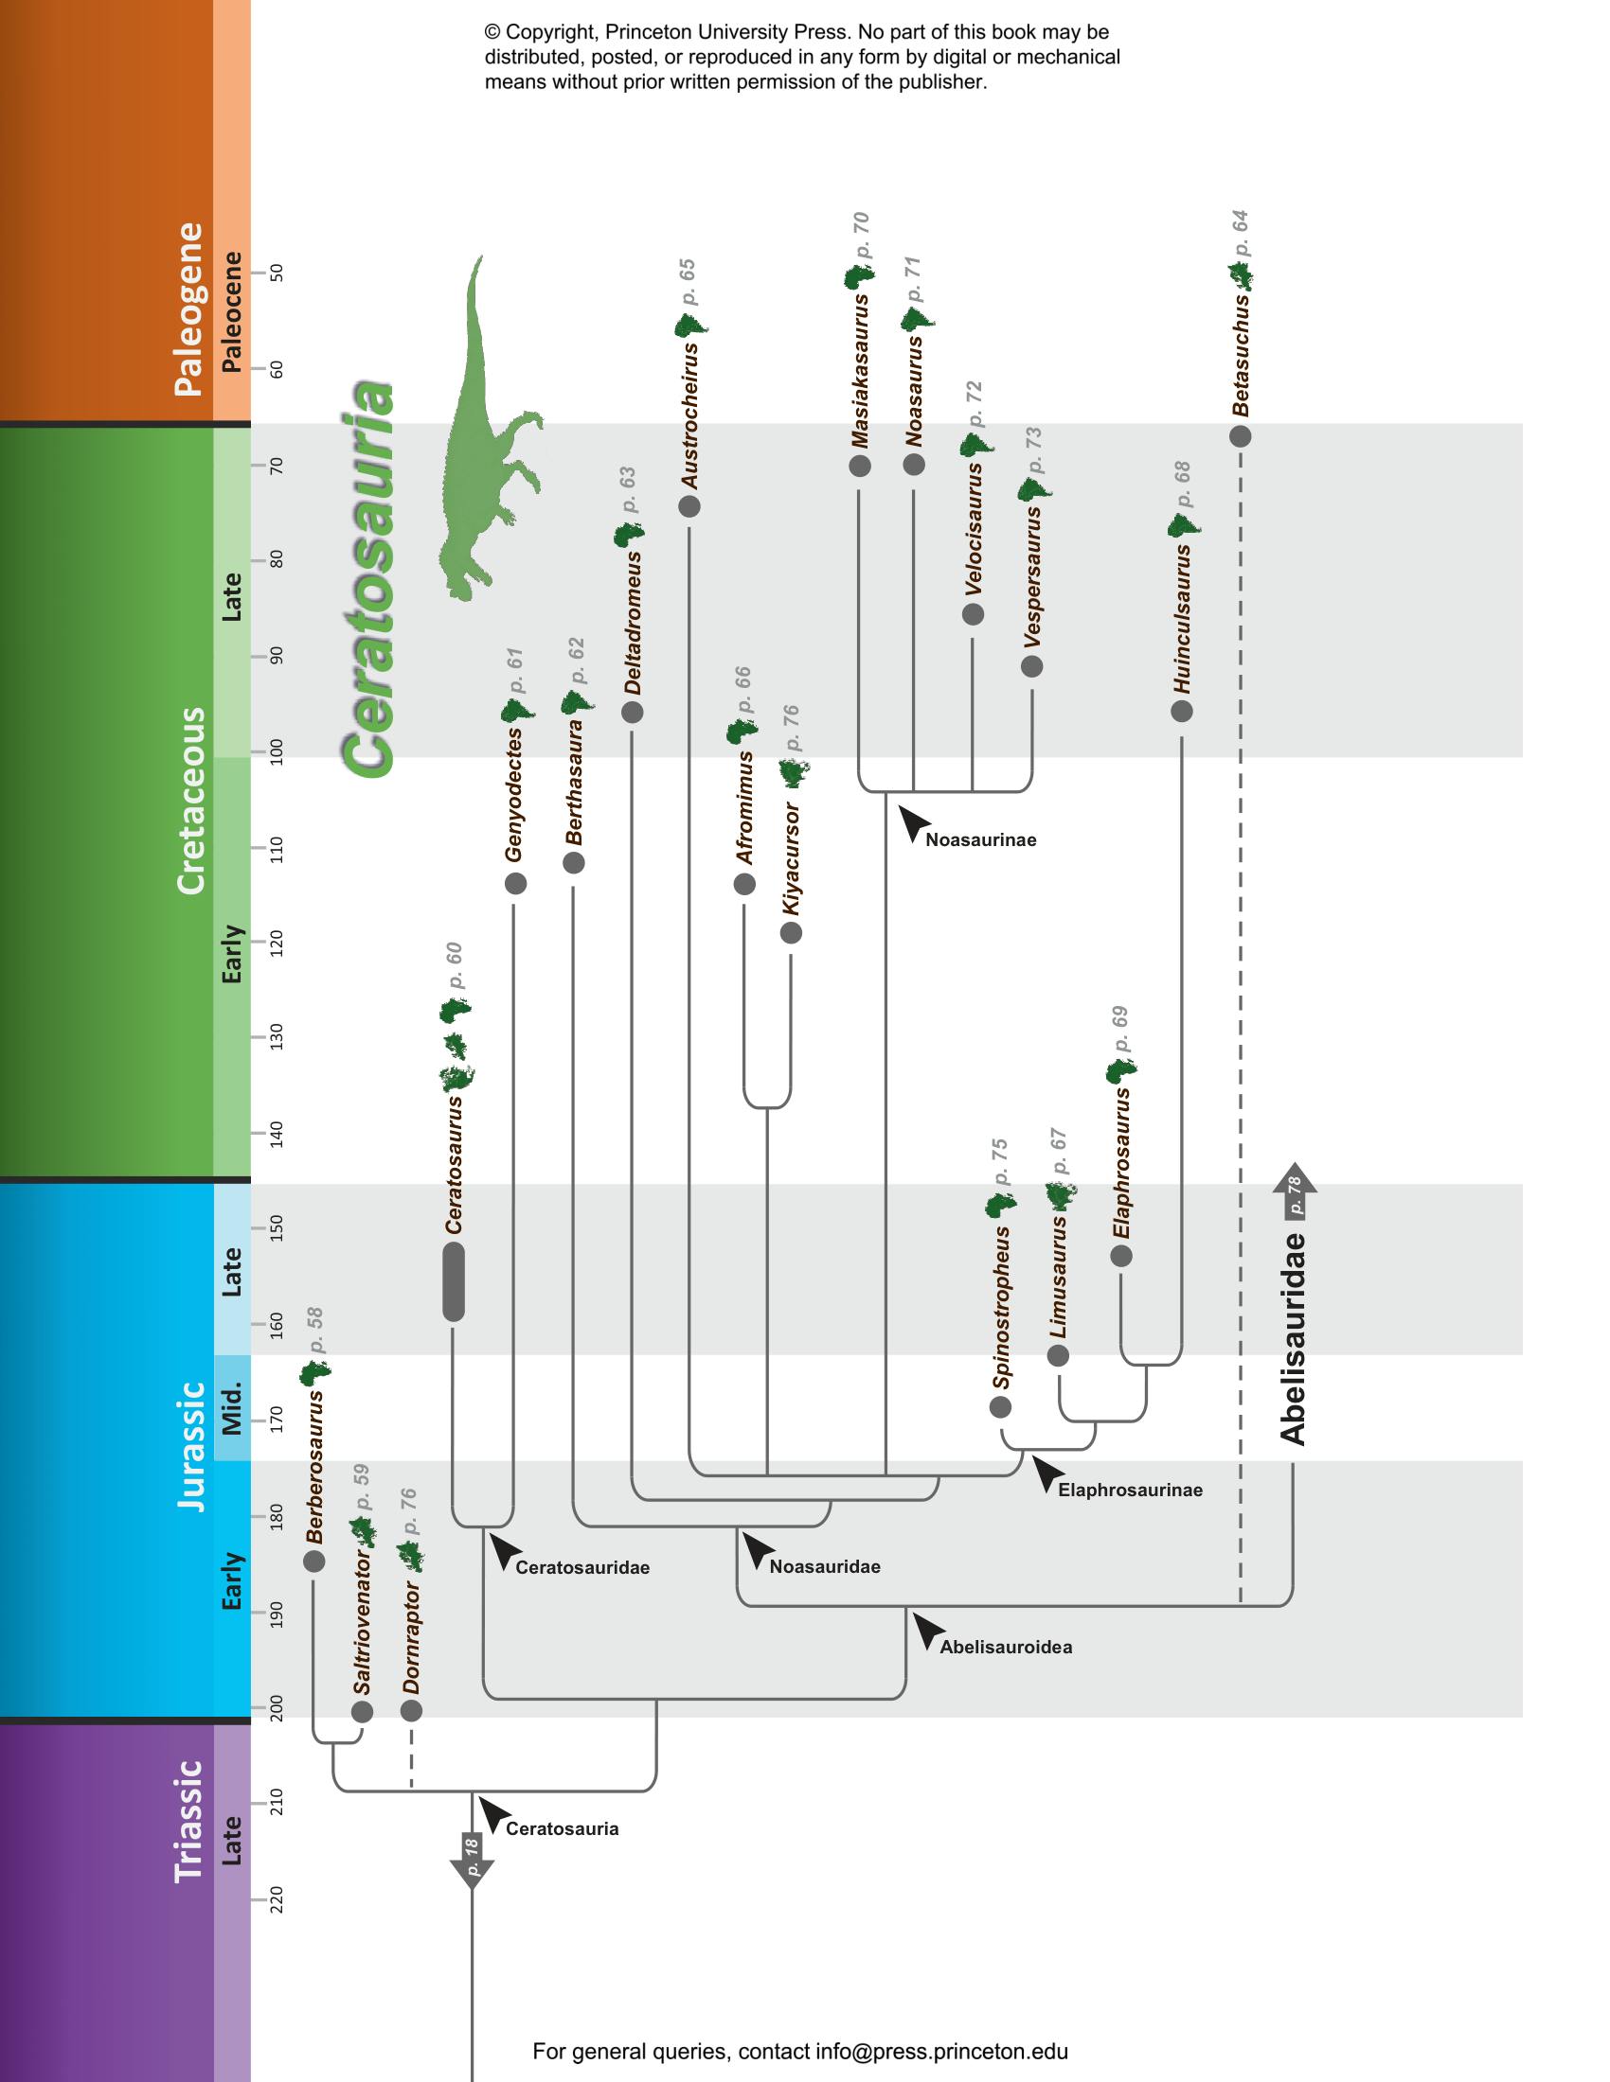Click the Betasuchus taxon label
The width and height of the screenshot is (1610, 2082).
[x=1240, y=357]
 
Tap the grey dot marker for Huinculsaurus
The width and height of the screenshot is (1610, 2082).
[x=1182, y=711]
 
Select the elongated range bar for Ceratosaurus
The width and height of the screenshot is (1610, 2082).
[x=454, y=1282]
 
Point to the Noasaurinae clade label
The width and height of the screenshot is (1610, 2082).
[x=980, y=839]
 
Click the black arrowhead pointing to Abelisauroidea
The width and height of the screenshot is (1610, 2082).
[x=928, y=1632]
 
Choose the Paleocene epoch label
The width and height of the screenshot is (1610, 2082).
[x=232, y=311]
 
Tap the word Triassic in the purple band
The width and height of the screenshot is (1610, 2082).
[x=188, y=1822]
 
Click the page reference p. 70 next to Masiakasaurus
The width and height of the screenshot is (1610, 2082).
[x=861, y=236]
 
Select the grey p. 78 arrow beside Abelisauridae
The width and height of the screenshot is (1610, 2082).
[x=1295, y=1192]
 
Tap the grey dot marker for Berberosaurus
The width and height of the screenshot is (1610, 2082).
[x=313, y=1561]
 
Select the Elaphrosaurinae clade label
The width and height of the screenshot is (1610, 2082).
[x=1129, y=1490]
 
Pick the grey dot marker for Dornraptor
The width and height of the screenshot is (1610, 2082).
[x=411, y=1711]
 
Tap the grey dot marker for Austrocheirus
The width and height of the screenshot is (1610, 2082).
[x=689, y=506]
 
